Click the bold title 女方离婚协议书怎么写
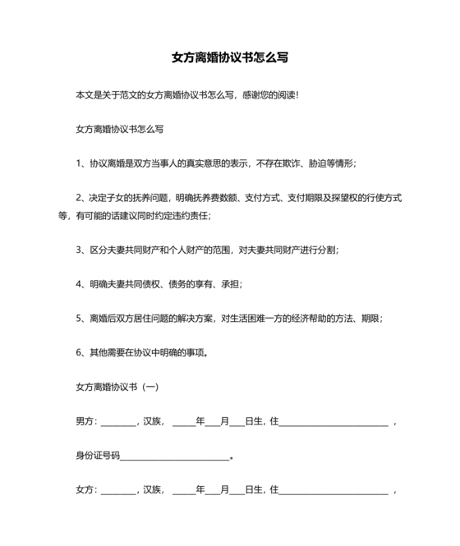pos(229,58)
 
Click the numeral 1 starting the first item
pos(78,163)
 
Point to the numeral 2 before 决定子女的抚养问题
pos(78,198)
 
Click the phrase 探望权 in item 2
pos(345,198)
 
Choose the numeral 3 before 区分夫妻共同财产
pos(78,250)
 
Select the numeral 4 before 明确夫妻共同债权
pos(78,284)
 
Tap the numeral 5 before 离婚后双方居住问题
pos(78,319)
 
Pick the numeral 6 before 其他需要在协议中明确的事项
pos(78,353)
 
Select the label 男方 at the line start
pos(85,422)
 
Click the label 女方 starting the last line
pos(85,491)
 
